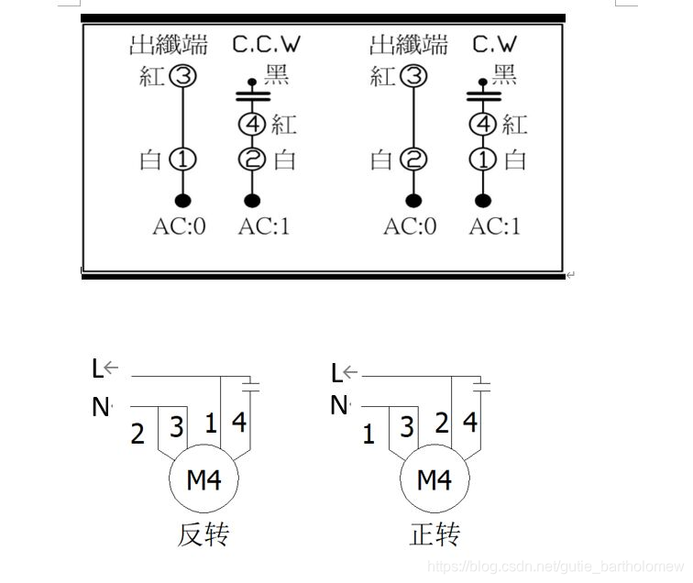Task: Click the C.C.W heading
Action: coord(266,43)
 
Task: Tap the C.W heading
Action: coord(495,43)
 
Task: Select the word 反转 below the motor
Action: coord(203,534)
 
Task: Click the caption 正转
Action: coord(434,534)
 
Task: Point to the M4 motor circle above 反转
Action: coord(203,478)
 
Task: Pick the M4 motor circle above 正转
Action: coord(434,478)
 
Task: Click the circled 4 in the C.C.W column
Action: coord(252,124)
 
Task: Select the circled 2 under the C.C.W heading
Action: coord(252,159)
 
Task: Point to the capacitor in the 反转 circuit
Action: coord(253,384)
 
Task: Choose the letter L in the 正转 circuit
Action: coord(336,371)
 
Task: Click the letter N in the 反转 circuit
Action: coord(100,406)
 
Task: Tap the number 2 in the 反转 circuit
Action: coord(137,433)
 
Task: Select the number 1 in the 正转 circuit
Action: coord(368,433)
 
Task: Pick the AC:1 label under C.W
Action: coord(495,225)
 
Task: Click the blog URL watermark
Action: coord(556,566)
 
